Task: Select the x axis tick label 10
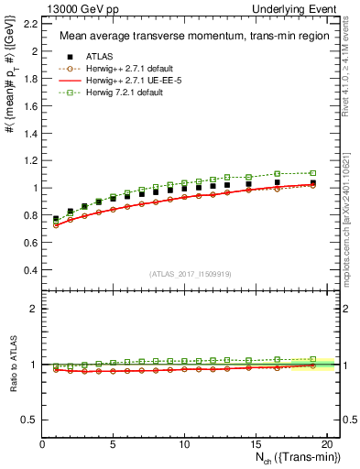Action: click(x=184, y=443)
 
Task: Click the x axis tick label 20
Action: click(x=324, y=443)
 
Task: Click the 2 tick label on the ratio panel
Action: click(x=34, y=309)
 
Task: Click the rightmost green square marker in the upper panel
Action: click(x=313, y=173)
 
